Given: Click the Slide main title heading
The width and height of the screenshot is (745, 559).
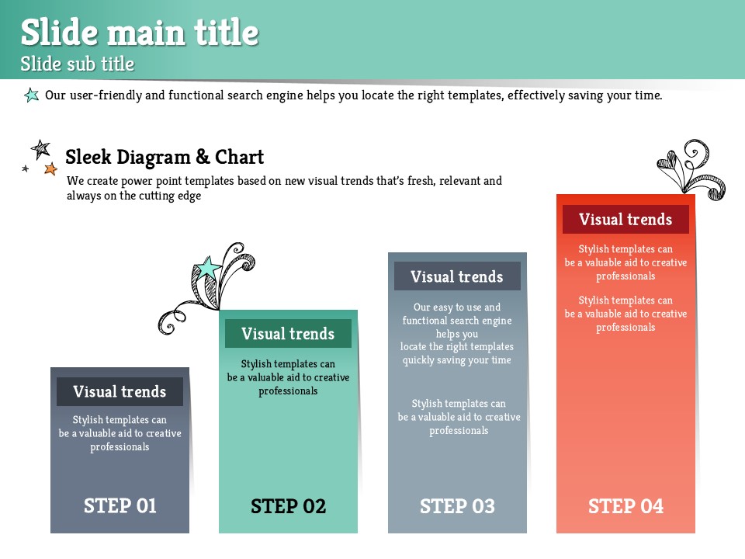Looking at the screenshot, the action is [140, 33].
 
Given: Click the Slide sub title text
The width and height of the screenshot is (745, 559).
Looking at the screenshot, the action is [78, 64].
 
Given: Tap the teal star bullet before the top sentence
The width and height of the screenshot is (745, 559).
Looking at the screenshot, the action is [31, 95].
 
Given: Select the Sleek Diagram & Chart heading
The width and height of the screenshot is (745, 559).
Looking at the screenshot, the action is [165, 157].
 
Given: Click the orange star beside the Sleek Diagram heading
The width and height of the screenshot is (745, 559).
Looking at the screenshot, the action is [51, 168].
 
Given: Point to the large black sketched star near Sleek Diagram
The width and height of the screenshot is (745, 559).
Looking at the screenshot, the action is [41, 149].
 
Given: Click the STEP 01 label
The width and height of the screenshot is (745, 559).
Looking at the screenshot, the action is [120, 505].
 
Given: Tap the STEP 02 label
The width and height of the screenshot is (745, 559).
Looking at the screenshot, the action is [289, 506].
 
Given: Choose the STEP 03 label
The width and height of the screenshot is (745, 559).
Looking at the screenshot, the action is [457, 506].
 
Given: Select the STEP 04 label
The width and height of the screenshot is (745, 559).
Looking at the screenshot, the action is [625, 506].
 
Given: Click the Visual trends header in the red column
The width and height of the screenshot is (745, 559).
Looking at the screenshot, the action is [625, 219].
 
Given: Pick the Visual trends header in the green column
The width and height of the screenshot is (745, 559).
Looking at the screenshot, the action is [288, 334].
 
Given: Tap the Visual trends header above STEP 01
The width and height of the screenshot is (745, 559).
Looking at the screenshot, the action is [120, 391].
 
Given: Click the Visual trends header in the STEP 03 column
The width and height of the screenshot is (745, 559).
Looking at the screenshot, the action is [457, 276].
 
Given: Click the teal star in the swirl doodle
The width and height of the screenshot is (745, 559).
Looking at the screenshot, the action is [208, 268].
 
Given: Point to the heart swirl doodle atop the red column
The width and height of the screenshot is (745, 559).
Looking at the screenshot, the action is [691, 169].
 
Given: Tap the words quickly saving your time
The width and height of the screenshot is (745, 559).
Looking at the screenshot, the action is [457, 360].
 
